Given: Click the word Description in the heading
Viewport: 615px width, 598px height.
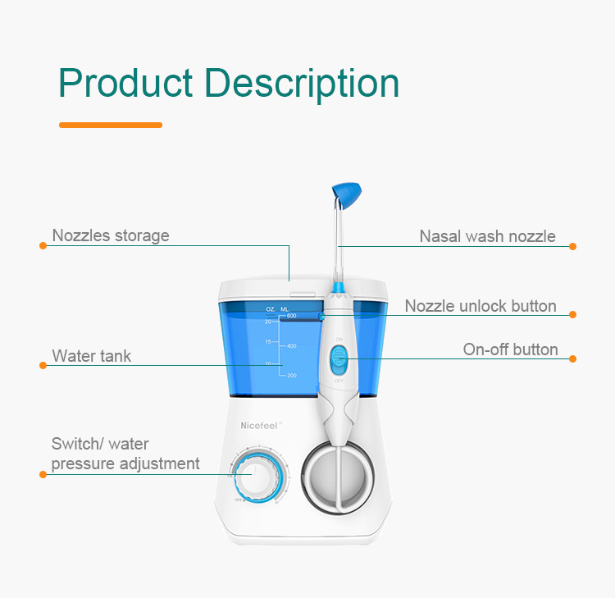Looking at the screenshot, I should click(301, 84).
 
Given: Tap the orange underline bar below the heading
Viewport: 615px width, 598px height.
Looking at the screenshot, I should click(111, 125).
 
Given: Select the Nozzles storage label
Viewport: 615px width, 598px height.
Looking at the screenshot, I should click(111, 236).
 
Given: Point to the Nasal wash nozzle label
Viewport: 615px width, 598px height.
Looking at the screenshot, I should click(487, 237).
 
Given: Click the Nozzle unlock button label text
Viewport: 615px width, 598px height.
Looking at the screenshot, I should click(481, 307).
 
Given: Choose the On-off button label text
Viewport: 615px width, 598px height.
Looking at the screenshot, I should click(510, 350).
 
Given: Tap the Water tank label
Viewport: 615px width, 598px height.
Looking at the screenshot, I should click(92, 356).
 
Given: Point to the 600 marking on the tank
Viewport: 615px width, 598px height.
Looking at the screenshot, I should click(291, 316).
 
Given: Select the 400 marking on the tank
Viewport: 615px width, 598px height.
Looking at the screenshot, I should click(291, 346).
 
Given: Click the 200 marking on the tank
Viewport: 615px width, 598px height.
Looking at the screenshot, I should click(291, 375).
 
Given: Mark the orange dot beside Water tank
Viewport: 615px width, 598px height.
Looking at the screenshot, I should click(43, 364).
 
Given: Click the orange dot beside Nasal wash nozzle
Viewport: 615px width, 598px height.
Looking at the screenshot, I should click(573, 246).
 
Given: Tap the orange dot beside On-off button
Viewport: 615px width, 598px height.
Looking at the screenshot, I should click(573, 358).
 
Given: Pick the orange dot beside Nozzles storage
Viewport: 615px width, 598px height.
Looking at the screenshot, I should click(43, 245).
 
